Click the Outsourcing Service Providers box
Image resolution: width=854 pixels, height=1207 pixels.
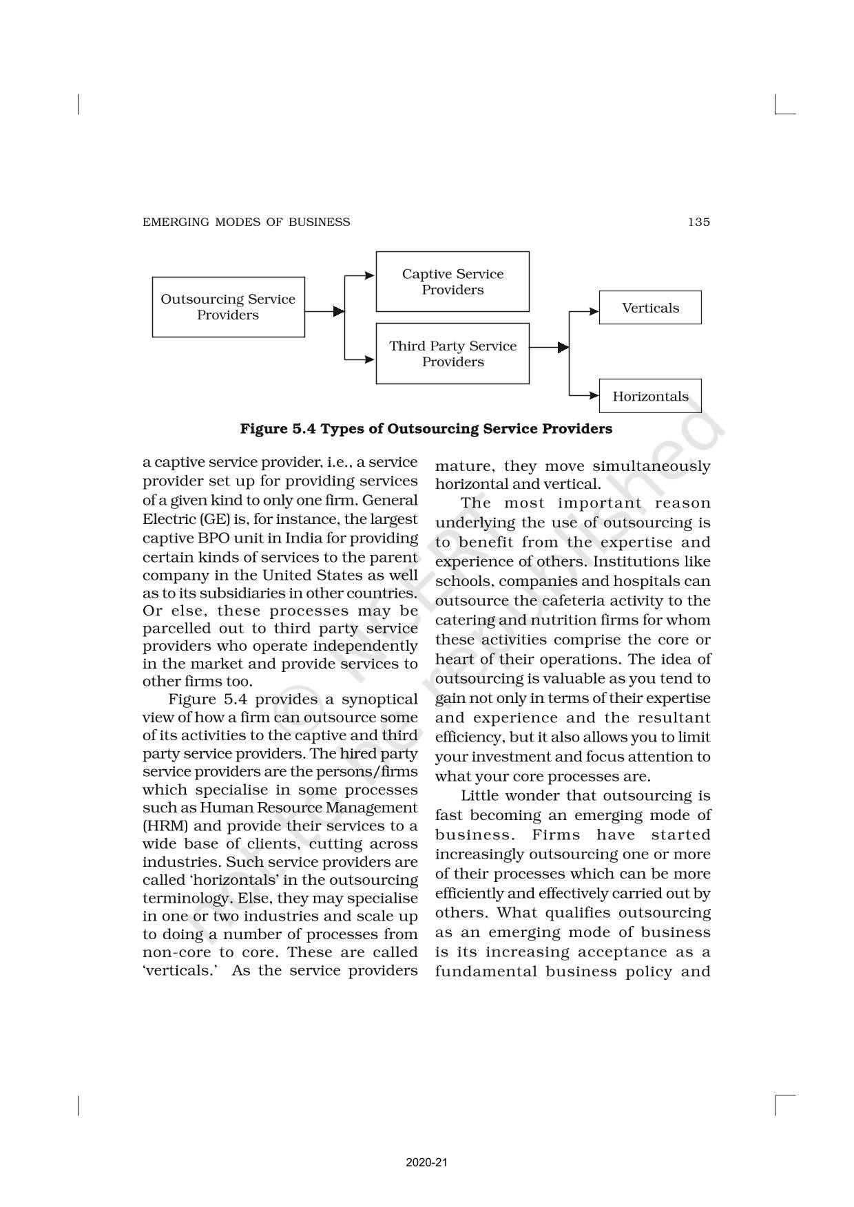tap(228, 307)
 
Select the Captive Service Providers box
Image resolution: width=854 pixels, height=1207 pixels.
tap(452, 282)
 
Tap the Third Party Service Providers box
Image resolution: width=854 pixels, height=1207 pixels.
tap(452, 354)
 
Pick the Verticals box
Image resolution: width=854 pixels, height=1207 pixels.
tap(650, 308)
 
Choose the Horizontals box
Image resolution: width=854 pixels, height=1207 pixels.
tap(650, 396)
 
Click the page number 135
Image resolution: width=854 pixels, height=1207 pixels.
tap(698, 222)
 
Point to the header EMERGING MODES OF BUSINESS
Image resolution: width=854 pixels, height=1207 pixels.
tap(246, 222)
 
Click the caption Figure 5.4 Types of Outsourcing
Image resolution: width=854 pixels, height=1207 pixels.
tap(426, 429)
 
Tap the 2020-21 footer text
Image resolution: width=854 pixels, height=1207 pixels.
tap(427, 1162)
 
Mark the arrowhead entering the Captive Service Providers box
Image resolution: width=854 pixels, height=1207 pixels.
tap(370, 275)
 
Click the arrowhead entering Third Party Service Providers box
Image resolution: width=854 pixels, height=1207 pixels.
tap(370, 359)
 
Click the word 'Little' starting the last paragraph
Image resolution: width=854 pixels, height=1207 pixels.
tap(479, 796)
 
